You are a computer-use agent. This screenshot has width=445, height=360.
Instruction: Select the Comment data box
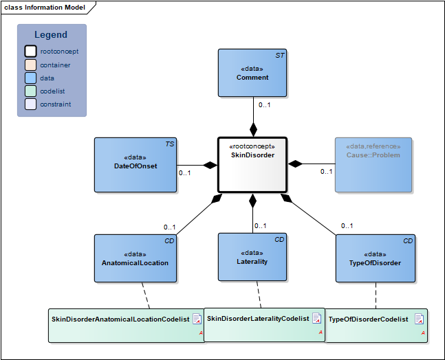pos(252,73)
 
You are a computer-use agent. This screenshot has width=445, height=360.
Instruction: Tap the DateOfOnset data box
pos(135,165)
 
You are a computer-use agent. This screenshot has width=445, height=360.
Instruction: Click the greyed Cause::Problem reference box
pos(374,165)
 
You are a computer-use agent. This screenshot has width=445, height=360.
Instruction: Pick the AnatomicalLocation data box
pos(135,258)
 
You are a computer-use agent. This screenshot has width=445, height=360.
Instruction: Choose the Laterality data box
pos(252,257)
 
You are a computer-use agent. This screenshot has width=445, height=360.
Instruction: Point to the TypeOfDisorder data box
pos(376,258)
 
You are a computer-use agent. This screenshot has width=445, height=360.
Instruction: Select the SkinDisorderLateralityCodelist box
pos(265,324)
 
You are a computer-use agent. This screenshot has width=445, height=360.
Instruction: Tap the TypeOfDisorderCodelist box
pos(376,325)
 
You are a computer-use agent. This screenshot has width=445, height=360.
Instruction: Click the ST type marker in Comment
pos(280,54)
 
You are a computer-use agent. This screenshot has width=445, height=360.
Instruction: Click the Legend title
pos(51,35)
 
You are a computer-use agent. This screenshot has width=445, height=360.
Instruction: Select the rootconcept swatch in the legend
pos(30,52)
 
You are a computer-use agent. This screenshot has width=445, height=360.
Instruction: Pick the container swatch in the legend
pos(30,65)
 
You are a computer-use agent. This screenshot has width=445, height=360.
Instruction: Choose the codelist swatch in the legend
pos(30,91)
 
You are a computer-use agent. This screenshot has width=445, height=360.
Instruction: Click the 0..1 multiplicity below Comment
pos(264,105)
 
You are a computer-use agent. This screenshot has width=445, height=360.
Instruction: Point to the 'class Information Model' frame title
pos(45,8)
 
